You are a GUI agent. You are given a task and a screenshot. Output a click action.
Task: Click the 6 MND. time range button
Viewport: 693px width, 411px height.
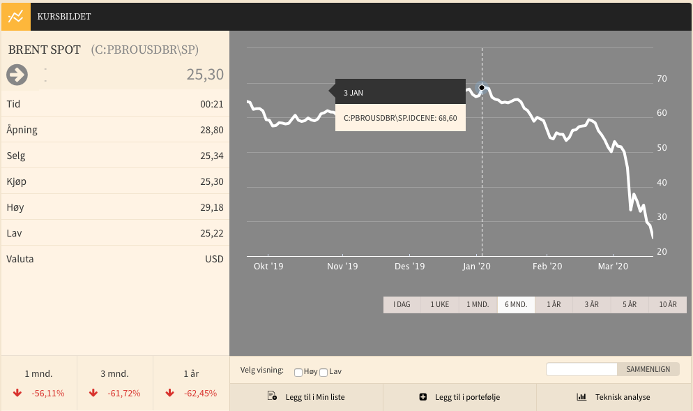pos(516,305)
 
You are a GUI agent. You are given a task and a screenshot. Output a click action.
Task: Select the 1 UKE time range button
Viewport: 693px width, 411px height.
pos(440,305)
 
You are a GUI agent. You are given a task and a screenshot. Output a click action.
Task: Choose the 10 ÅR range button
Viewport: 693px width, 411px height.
pos(668,305)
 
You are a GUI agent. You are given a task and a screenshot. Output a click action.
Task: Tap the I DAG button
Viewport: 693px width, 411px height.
pos(402,305)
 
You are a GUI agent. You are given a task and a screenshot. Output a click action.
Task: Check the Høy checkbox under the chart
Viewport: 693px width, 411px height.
pos(298,373)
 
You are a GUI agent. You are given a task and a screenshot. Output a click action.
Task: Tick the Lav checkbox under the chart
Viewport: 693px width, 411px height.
pos(323,373)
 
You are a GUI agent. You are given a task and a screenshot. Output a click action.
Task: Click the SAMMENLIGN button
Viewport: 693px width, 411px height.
pos(648,369)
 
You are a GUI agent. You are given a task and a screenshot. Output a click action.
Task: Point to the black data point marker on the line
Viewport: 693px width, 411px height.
pos(482,88)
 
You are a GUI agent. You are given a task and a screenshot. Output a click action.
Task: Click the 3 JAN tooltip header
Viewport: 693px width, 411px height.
pos(400,92)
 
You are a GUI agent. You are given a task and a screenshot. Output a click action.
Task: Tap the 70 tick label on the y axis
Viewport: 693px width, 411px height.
pos(662,79)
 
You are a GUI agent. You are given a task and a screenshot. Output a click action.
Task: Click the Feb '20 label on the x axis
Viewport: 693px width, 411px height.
pos(547,267)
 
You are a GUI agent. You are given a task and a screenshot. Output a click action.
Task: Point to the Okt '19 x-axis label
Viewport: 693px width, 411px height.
pos(268,267)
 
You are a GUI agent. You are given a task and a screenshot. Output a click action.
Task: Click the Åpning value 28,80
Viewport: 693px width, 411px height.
pos(212,130)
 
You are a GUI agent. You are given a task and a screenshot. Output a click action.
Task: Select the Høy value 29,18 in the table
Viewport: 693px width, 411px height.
pos(212,207)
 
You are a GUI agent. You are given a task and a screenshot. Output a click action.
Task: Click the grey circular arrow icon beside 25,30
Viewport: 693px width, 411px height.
pos(17,75)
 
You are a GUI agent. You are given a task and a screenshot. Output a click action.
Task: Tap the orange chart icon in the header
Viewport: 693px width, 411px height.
pos(16,17)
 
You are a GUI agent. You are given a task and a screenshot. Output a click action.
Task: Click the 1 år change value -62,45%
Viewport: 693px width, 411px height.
pos(200,394)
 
